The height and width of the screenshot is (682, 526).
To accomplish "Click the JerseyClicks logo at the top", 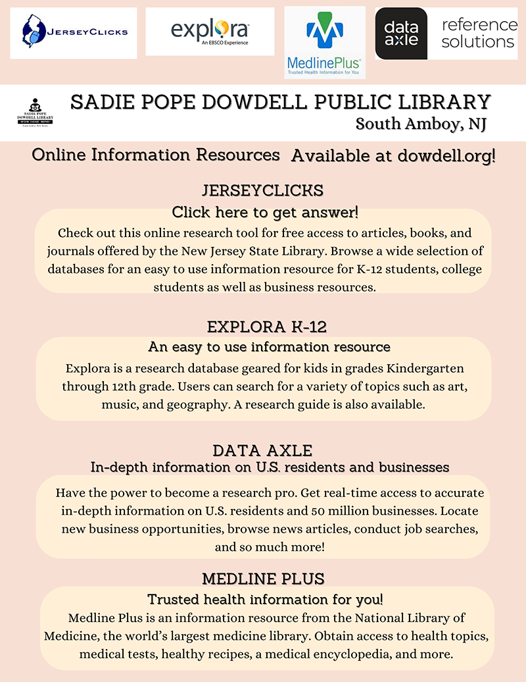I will (x=74, y=32).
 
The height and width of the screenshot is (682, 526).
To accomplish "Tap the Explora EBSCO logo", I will (x=210, y=31).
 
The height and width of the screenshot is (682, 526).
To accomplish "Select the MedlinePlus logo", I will (x=324, y=42).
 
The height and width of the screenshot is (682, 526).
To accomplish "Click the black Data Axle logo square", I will (x=401, y=33).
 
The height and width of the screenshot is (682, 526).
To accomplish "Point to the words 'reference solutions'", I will (x=479, y=33).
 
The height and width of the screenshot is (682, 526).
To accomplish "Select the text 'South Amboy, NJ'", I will (x=421, y=124).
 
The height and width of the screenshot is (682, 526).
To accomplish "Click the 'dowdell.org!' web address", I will (x=446, y=156).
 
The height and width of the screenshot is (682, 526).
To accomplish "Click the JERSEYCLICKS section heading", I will (x=263, y=191).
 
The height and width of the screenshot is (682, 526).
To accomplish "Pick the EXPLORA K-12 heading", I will (x=263, y=327).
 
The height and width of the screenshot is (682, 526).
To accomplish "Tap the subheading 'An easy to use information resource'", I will (x=270, y=346).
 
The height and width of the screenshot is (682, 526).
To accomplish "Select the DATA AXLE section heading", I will (x=262, y=451).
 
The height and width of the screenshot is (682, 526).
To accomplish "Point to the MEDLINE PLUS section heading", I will (x=263, y=579).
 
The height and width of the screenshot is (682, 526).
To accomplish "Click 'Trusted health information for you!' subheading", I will (x=265, y=600).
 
